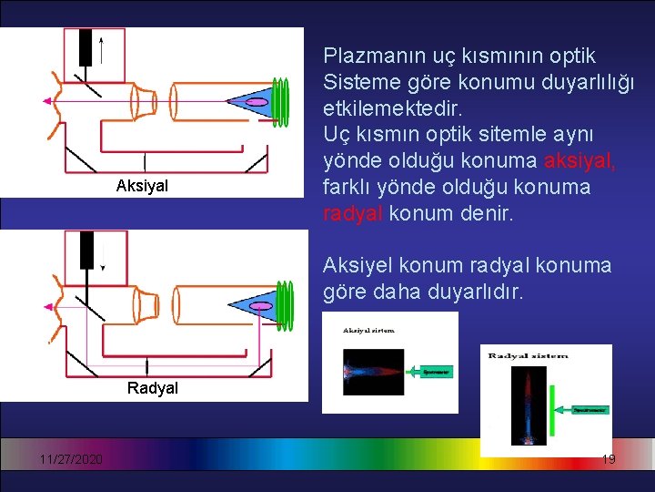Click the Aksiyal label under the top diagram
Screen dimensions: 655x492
(142, 186)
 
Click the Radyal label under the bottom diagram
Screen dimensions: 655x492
(153, 388)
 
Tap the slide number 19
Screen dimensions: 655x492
(609, 459)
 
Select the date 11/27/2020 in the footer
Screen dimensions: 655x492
(70, 459)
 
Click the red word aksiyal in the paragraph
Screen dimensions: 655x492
(579, 161)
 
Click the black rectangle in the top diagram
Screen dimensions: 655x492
(86, 46)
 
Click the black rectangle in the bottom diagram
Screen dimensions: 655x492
(89, 249)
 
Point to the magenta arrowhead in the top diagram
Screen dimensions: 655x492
(46, 101)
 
